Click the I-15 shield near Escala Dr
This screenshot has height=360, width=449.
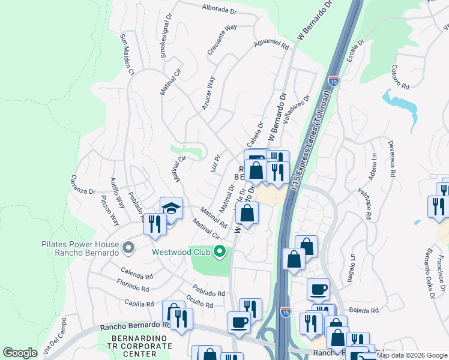pyautogui.click(x=334, y=80)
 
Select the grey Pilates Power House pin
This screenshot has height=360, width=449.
pyautogui.click(x=127, y=247)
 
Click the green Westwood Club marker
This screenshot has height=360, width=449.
pyautogui.click(x=220, y=252)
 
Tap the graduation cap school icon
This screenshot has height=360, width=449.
pyautogui.click(x=171, y=208)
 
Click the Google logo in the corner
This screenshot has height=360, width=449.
pyautogui.click(x=20, y=353)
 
